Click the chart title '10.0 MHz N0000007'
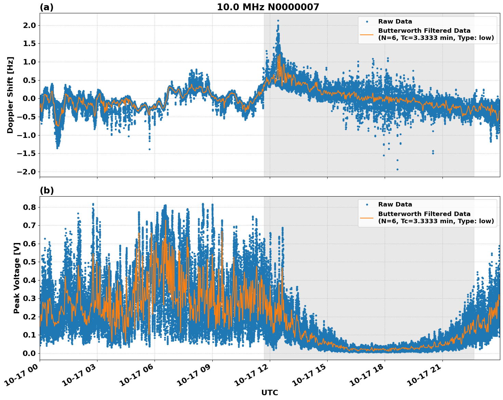(268, 7)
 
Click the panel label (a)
(47, 7)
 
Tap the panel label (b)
(47, 190)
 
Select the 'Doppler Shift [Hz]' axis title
(10, 95)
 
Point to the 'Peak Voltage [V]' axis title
(16, 278)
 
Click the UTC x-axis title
(269, 392)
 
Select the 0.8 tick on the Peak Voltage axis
(29, 207)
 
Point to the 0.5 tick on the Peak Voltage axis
(29, 262)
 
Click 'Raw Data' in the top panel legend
(395, 22)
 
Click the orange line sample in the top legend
(367, 34)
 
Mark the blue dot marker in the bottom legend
(367, 204)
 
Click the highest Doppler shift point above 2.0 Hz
(278, 20)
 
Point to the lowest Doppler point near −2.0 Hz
(397, 169)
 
